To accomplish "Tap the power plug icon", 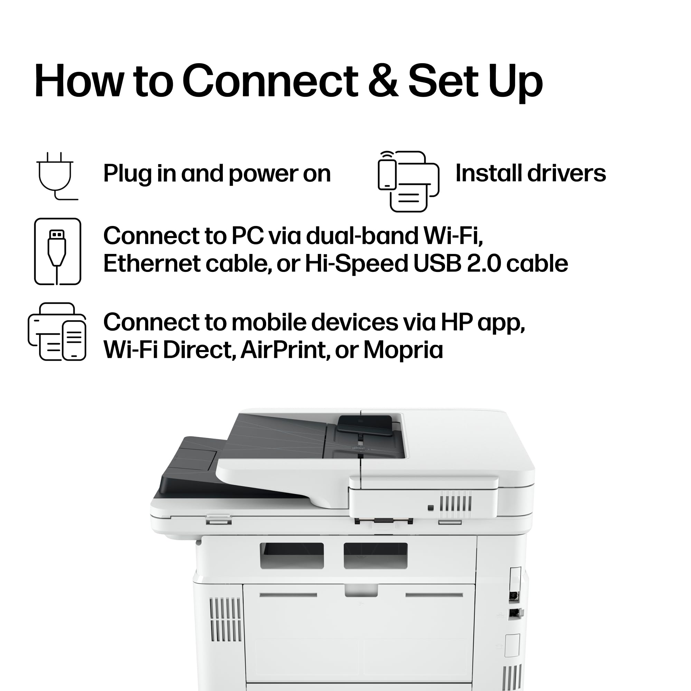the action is pos(57,176).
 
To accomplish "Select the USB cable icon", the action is pos(58,252).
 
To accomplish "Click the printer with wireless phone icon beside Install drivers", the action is pos(408,181).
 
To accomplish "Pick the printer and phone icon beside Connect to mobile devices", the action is pos(57,332).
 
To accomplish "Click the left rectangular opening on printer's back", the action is pos(292,556).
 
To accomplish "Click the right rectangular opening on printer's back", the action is pos(376,556).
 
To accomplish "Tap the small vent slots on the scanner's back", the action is pos(456,501).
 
